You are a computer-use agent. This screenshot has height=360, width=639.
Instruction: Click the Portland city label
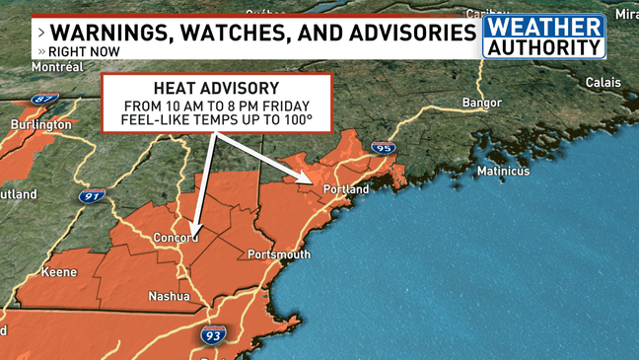[346, 189]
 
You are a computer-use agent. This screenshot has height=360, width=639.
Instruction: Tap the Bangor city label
[483, 103]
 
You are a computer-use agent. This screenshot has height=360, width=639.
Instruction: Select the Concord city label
[177, 238]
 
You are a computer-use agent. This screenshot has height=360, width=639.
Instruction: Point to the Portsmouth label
[279, 254]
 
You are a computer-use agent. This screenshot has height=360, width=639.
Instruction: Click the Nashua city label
[168, 296]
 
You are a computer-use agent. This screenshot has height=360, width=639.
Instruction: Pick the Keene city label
[59, 271]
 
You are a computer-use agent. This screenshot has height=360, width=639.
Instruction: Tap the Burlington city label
[40, 125]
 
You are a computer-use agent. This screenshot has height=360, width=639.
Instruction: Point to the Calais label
[603, 82]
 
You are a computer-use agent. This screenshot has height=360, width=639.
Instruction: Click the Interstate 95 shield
[384, 148]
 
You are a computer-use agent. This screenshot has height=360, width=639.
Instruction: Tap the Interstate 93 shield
[212, 335]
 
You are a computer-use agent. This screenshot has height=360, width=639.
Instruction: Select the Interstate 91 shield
[91, 196]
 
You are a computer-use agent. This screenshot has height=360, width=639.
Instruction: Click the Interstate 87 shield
[45, 100]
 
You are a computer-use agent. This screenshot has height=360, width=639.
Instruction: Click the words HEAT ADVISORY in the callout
[217, 88]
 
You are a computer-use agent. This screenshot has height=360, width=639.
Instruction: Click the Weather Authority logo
[543, 36]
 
